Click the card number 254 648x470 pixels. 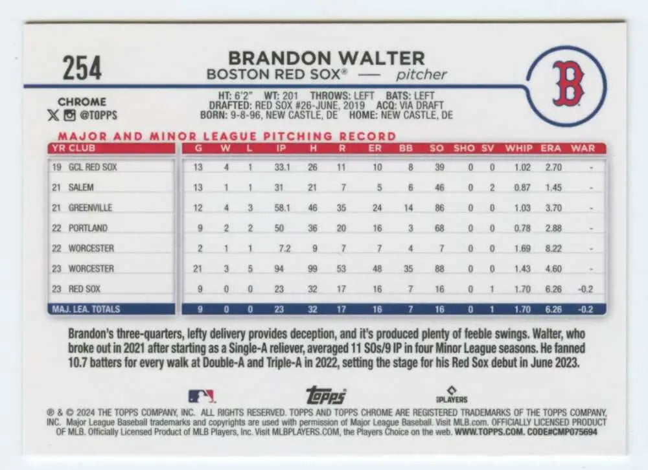click(82, 68)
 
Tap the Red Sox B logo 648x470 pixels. click(568, 84)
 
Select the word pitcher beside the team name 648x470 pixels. click(422, 74)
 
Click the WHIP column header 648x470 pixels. click(519, 148)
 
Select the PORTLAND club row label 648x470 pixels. click(87, 228)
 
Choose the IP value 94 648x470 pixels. click(279, 269)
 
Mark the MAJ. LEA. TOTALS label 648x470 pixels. click(86, 309)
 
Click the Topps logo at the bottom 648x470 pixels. click(325, 395)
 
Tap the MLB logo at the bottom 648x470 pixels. click(202, 396)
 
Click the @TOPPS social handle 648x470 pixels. click(99, 116)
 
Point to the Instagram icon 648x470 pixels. click(70, 116)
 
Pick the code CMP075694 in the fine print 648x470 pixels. click(572, 431)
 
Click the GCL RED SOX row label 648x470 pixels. click(92, 167)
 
